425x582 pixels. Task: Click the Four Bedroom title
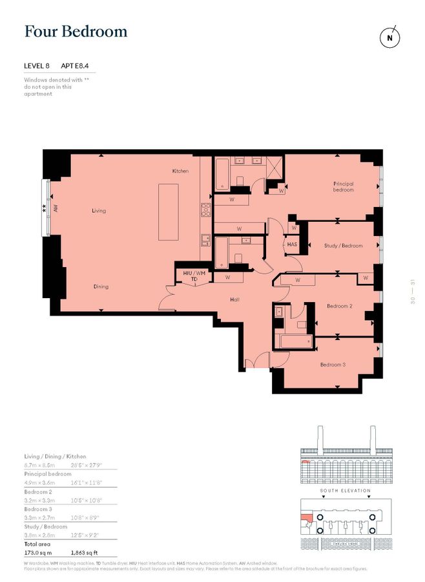pos(76,31)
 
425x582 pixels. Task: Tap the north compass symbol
pos(389,37)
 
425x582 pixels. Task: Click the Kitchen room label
pos(180,171)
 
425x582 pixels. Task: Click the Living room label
pos(98,211)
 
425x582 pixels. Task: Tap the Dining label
pos(100,286)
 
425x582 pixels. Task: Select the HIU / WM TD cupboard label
pos(194,277)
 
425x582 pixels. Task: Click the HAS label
pos(292,244)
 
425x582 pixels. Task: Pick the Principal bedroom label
pos(344,187)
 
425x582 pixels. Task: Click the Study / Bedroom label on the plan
pos(343,246)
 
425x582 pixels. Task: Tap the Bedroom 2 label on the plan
pos(339,306)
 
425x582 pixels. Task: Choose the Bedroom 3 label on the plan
pos(333,365)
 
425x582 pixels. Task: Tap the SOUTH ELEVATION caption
pos(346,491)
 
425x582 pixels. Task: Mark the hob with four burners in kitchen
pos(206,209)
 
